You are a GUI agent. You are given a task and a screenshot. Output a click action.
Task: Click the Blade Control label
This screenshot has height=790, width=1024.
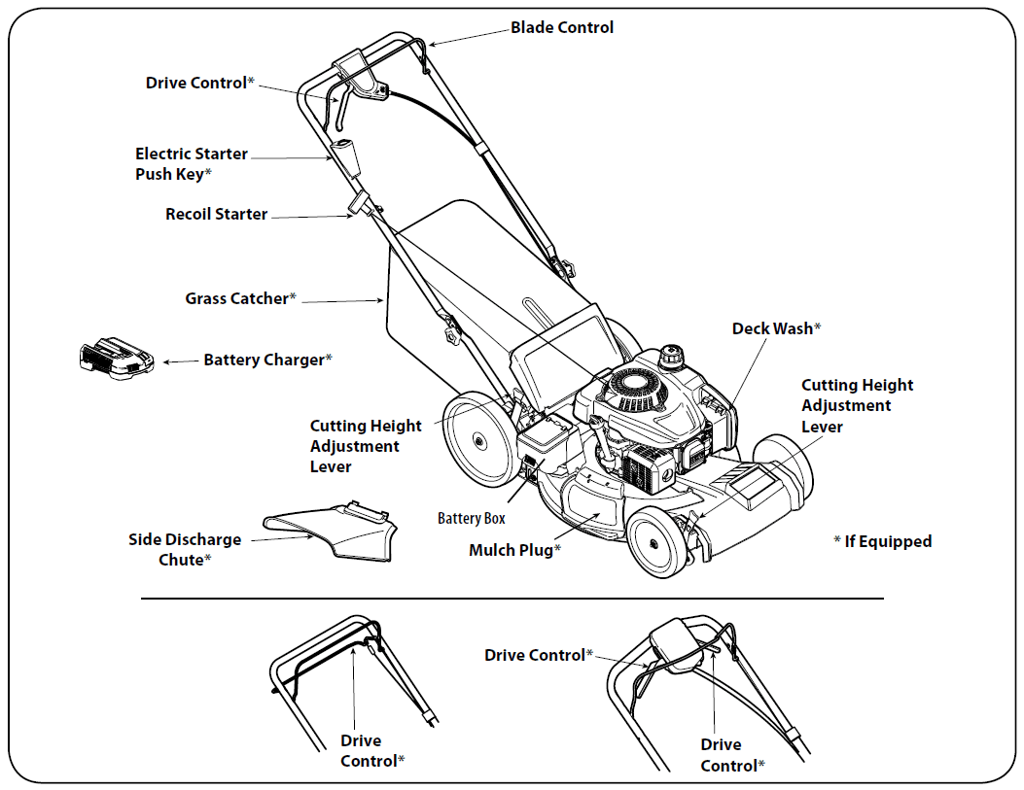click(562, 28)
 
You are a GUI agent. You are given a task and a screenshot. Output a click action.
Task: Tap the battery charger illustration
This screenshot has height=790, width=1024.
click(115, 360)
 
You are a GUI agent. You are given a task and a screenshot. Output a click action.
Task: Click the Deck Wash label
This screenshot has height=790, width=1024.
click(776, 328)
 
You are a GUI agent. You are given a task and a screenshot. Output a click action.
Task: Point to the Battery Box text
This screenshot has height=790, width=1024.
click(472, 519)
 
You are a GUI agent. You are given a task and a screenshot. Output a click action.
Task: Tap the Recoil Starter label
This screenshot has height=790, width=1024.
click(216, 214)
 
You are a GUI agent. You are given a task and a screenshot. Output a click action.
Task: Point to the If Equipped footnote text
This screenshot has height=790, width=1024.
click(883, 541)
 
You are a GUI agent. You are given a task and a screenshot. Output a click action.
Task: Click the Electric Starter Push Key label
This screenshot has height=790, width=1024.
click(191, 163)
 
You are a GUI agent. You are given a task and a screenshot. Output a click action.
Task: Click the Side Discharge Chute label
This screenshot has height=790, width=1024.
click(185, 549)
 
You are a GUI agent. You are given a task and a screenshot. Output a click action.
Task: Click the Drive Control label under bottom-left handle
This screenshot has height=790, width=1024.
click(371, 751)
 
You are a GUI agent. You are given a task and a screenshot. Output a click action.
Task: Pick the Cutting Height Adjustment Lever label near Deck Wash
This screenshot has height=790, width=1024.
click(856, 405)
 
